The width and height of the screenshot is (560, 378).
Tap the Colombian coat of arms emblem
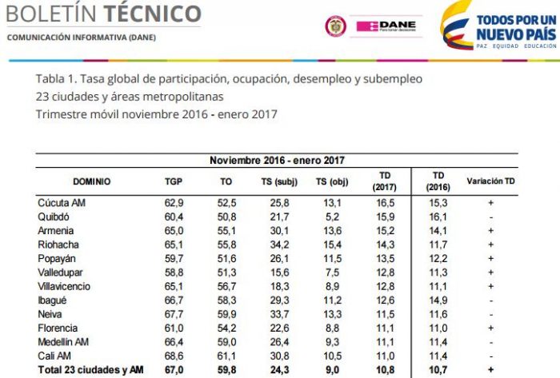pos(335,26)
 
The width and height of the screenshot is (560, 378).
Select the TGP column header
pos(174,181)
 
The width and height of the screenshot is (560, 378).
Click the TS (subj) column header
pos(279,181)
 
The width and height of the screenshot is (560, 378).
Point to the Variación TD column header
pos(490,181)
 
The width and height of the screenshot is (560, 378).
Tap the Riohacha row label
pos(59,244)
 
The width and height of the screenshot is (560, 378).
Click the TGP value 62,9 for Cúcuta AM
pos(174,202)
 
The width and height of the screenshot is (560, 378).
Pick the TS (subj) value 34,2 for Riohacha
pos(279,244)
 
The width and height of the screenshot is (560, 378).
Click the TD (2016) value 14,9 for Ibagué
pos(438,300)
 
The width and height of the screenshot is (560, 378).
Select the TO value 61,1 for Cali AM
pos(226,355)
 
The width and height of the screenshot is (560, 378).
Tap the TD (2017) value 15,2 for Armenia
pos(386,230)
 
